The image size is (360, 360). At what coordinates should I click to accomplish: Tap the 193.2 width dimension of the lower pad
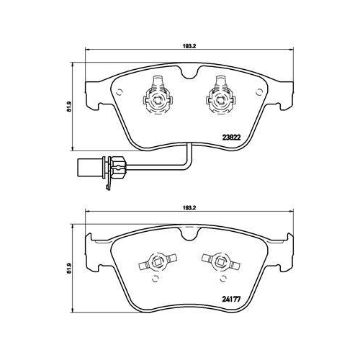(x=190, y=207)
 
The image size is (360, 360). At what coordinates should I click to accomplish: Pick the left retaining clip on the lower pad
(x=158, y=261)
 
